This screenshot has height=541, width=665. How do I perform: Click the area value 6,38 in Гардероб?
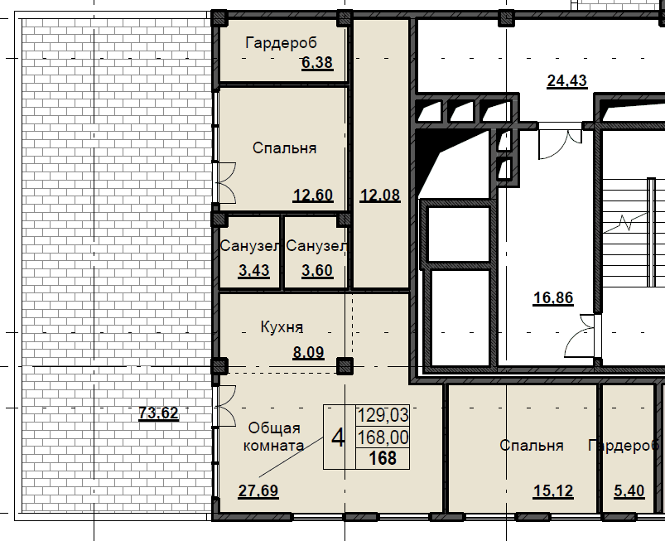pos(317,62)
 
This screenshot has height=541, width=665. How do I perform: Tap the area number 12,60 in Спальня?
pos(313,196)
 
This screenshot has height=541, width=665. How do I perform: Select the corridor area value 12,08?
pos(380,196)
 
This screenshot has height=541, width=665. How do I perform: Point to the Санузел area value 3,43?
pos(253,270)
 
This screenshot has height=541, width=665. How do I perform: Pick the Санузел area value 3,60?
pos(317,270)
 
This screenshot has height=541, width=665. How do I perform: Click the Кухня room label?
pos(282,327)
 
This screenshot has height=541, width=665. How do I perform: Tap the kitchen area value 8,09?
pos(308,352)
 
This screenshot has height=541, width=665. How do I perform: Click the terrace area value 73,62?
pos(159,413)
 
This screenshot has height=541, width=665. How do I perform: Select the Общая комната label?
pos(273,436)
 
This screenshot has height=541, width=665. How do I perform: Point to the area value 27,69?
pos(258,490)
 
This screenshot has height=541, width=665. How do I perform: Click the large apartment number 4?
pos(338,438)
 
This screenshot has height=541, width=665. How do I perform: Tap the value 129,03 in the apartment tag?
pos(383,415)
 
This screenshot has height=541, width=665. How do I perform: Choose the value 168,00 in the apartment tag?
pos(383,437)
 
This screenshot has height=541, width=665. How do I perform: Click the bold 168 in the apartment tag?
pos(383,458)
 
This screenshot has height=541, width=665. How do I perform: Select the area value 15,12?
pos(553,491)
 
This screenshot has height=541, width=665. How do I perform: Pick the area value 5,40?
pos(629,491)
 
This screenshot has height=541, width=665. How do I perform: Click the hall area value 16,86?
pos(553,298)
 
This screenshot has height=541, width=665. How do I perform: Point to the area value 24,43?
pos(567,80)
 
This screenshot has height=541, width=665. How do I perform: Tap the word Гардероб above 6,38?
pos(282,43)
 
